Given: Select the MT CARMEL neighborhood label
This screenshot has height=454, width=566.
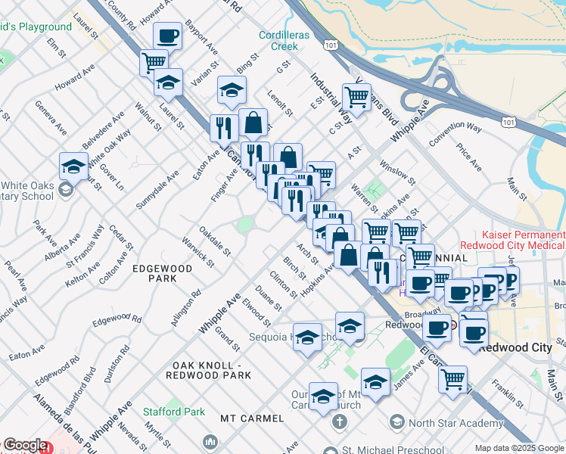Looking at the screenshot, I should [x=252, y=418].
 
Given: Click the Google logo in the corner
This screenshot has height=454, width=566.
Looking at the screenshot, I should [x=24, y=446].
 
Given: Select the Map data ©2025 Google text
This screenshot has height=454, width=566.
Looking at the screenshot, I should [x=519, y=448].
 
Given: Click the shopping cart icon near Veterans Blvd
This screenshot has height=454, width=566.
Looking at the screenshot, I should [x=356, y=96].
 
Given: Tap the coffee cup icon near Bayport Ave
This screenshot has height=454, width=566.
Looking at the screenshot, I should [x=167, y=35].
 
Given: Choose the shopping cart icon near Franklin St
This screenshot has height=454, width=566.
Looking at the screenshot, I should [x=452, y=379].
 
